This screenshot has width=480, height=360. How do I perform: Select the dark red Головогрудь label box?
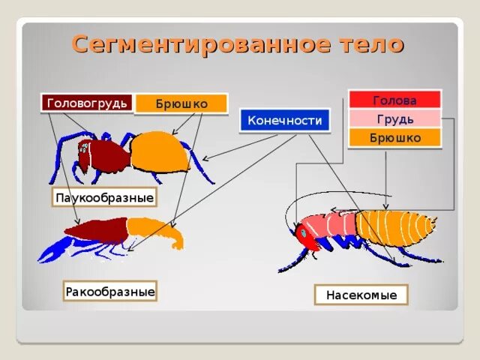coord(87,103)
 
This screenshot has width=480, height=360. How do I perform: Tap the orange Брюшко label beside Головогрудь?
coord(181,103)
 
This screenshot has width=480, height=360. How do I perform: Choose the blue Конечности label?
coord(285,120)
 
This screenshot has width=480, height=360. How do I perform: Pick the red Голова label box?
coord(394,100)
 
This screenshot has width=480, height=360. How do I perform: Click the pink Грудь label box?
coord(394,119)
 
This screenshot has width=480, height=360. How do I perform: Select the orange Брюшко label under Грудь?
coord(394,138)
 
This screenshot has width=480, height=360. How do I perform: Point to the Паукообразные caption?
coord(104,198)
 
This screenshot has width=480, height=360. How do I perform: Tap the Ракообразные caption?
coord(110,290)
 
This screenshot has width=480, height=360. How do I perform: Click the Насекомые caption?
coord(361,295)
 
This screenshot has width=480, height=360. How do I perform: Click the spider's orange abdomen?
coord(160,152)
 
